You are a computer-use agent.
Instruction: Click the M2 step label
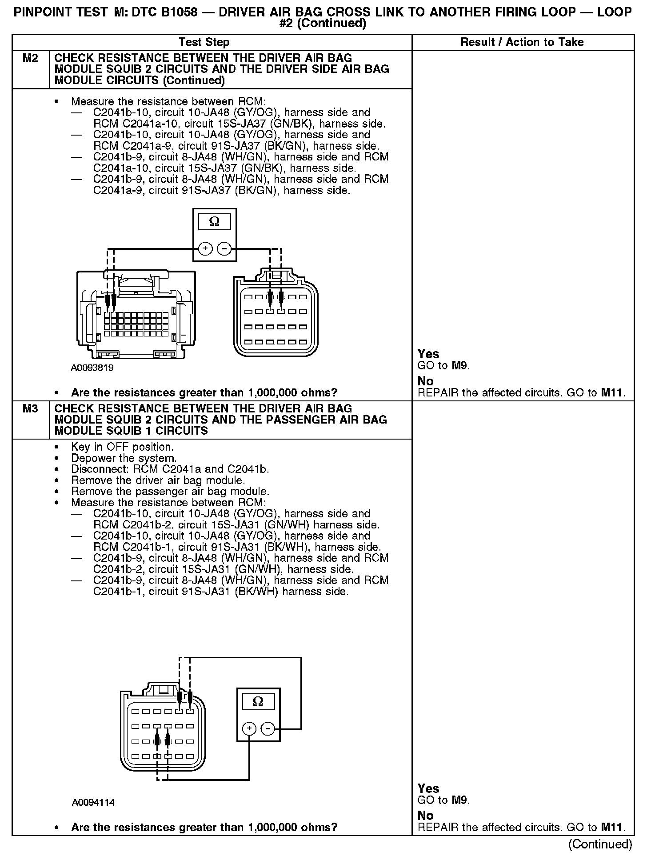pyautogui.click(x=30, y=58)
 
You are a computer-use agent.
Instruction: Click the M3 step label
pyautogui.click(x=30, y=408)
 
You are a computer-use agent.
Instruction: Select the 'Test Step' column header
pyautogui.click(x=204, y=42)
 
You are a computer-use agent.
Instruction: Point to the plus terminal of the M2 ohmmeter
pyautogui.click(x=205, y=249)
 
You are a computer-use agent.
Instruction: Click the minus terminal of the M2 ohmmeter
pyautogui.click(x=224, y=249)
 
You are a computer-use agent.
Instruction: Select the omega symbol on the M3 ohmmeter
pyautogui.click(x=258, y=702)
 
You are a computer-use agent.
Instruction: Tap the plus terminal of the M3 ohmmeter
pyautogui.click(x=249, y=728)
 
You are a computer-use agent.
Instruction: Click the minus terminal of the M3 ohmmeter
pyautogui.click(x=268, y=728)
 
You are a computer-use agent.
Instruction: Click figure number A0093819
pyautogui.click(x=92, y=368)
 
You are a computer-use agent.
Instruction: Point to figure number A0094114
pyautogui.click(x=93, y=803)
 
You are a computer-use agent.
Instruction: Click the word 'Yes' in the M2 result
pyautogui.click(x=428, y=354)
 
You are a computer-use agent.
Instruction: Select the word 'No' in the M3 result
pyautogui.click(x=426, y=816)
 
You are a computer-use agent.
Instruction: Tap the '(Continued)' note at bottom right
pyautogui.click(x=600, y=844)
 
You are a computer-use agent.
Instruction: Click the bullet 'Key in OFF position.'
pyautogui.click(x=122, y=447)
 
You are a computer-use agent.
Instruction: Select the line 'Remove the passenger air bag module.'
pyautogui.click(x=170, y=492)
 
